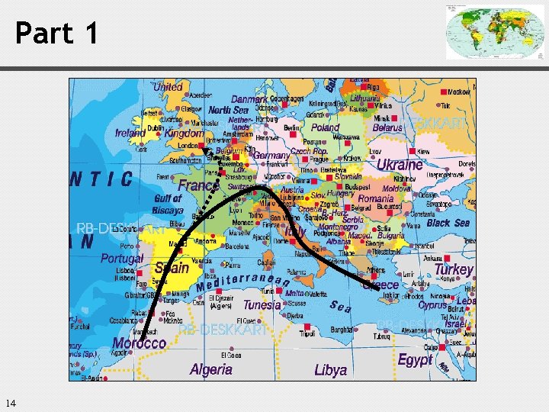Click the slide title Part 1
pyautogui.click(x=57, y=33)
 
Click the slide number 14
pyautogui.click(x=10, y=403)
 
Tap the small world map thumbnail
pyautogui.click(x=484, y=31)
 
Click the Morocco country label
pyautogui.click(x=139, y=343)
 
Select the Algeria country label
pyautogui.click(x=211, y=369)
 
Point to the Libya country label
pyautogui.click(x=330, y=370)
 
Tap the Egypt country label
pyautogui.click(x=415, y=360)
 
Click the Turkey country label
pyautogui.click(x=454, y=269)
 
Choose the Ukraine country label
pyautogui.click(x=400, y=164)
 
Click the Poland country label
pyautogui.click(x=326, y=128)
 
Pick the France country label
pyautogui.click(x=198, y=185)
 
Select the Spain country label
pyautogui.click(x=172, y=268)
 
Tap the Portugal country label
pyautogui.click(x=122, y=258)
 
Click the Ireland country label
pyautogui.click(x=130, y=133)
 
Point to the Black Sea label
pyautogui.click(x=448, y=223)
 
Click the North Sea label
pyautogui.click(x=229, y=110)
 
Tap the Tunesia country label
pyautogui.click(x=262, y=304)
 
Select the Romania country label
pyautogui.click(x=376, y=198)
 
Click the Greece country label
pyautogui.click(x=380, y=285)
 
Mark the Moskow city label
pyautogui.click(x=457, y=92)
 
